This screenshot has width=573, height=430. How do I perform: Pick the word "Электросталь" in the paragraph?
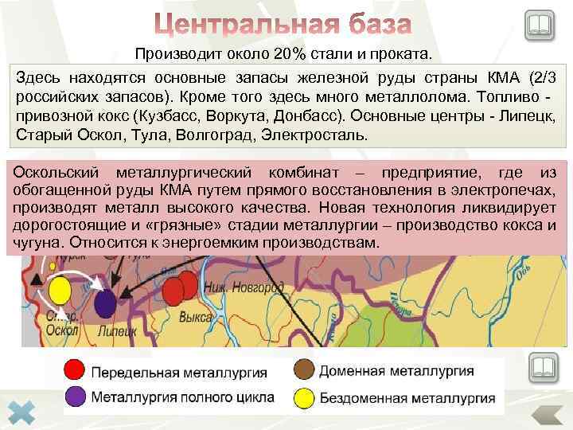[317, 135]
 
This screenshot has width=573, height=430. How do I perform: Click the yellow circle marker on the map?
[59, 291]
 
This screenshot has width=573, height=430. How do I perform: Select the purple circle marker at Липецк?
[104, 304]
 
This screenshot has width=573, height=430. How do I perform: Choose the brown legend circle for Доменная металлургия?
[302, 370]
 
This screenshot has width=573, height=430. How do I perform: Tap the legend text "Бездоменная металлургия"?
[406, 397]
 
